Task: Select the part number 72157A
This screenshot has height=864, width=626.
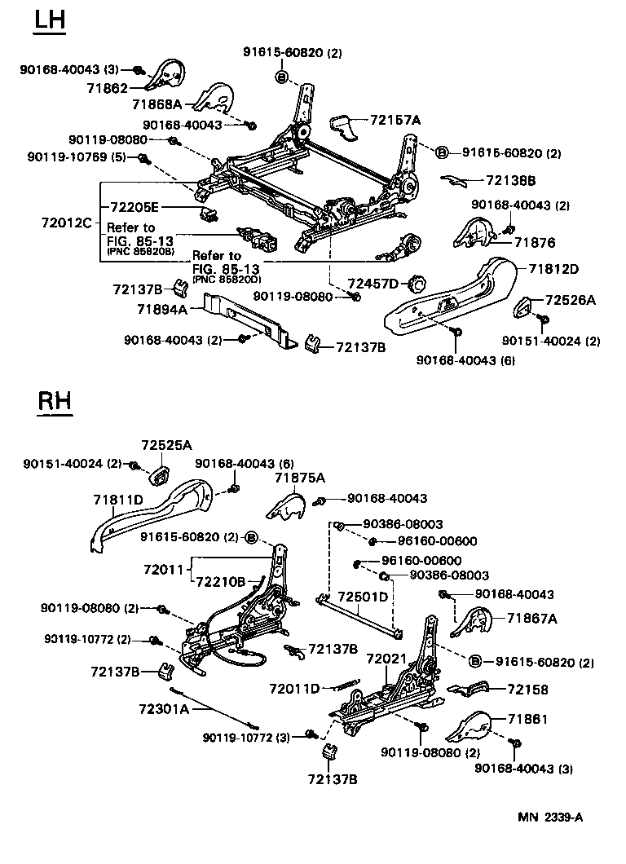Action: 395,120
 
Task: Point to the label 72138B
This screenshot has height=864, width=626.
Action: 510,180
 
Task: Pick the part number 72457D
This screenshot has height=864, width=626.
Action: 373,283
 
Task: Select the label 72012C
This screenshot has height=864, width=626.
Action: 66,222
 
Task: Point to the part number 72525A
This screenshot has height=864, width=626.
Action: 166,445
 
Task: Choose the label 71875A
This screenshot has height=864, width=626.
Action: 299,478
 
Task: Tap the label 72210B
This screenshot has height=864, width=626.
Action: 219,581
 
